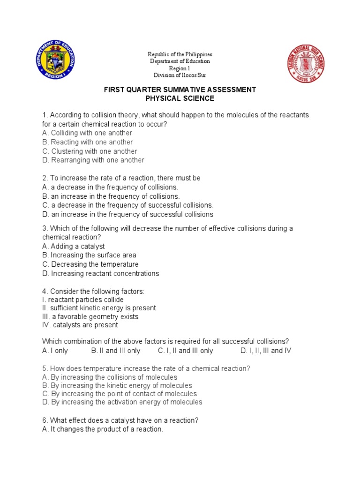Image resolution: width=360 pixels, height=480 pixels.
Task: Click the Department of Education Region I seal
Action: [56, 60]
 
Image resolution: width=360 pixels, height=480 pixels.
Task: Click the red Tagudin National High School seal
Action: [306, 64]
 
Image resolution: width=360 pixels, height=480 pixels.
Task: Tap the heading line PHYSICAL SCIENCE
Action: [180, 98]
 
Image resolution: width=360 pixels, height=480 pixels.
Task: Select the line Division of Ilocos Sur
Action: [180, 75]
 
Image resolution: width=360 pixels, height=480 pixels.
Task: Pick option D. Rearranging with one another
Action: [93, 160]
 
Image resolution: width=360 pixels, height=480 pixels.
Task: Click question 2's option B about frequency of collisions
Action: [111, 196]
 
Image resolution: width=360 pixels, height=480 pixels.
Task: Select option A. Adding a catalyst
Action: [73, 247]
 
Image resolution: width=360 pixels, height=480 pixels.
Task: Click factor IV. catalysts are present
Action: [80, 325]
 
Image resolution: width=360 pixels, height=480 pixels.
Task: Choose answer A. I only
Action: [55, 351]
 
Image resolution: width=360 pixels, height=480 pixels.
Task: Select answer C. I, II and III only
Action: [186, 351]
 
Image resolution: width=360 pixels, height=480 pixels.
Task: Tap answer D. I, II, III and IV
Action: [266, 351]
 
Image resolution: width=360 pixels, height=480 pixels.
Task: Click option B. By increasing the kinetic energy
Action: [117, 386]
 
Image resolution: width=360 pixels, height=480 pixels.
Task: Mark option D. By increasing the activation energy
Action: [122, 402]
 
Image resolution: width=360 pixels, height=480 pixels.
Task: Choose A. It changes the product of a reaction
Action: [103, 429]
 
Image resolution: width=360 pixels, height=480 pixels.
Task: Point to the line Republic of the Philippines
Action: [180, 54]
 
